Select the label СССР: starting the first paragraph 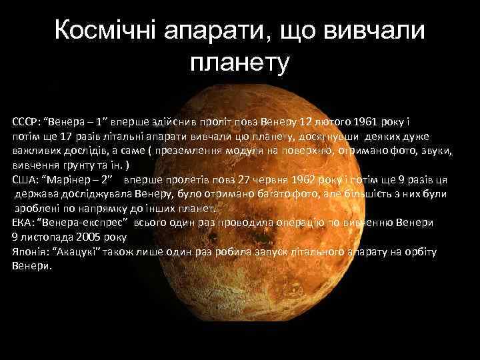26,123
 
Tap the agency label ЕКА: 22,222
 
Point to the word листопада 43,236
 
